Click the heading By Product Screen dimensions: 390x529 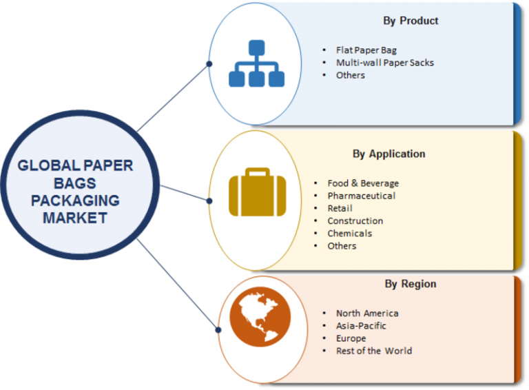click(411, 21)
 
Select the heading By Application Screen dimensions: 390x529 click(388, 154)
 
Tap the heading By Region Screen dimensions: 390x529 click(411, 283)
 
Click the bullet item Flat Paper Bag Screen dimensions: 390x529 click(366, 50)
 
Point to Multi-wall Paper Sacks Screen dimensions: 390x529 click(384, 63)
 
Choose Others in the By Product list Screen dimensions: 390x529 click(351, 75)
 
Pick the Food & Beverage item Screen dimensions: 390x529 click(363, 183)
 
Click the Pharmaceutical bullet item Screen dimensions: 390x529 click(361, 196)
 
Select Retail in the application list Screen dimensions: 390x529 click(340, 208)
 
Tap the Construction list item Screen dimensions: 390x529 click(355, 220)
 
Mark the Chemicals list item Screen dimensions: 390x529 click(349, 233)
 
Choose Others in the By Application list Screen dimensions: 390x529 click(342, 245)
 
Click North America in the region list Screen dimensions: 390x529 click(367, 313)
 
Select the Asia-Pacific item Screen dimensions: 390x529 click(361, 325)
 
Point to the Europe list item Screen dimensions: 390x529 click(351, 338)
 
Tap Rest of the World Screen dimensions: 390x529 click(374, 351)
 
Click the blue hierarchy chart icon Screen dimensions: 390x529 click(256, 64)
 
